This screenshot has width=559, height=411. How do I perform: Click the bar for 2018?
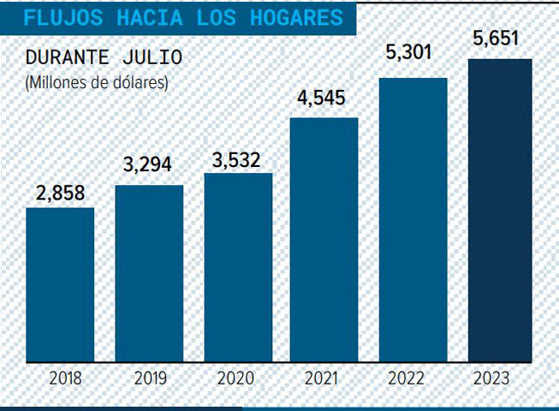pyautogui.click(x=60, y=284)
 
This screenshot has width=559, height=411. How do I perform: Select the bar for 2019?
pyautogui.click(x=149, y=273)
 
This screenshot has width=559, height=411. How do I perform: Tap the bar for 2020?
pyautogui.click(x=238, y=267)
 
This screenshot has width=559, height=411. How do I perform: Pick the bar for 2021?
pyautogui.click(x=324, y=240)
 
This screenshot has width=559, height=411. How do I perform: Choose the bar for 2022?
pyautogui.click(x=413, y=220)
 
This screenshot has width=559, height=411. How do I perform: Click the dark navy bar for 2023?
pyautogui.click(x=500, y=211)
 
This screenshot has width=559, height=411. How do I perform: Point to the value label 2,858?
pyautogui.click(x=60, y=194)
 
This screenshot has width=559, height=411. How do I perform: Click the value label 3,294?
pyautogui.click(x=149, y=171)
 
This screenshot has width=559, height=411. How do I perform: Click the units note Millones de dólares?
pyautogui.click(x=97, y=83)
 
